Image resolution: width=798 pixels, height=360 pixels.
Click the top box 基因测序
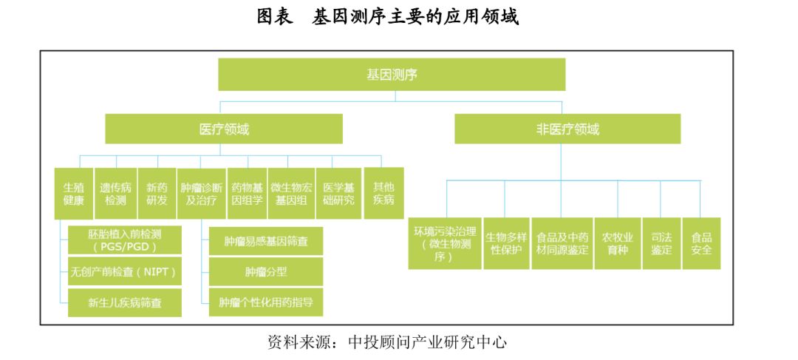(392, 75)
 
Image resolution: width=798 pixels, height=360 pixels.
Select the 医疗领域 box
(224, 129)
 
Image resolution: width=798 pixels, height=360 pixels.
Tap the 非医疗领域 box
(567, 129)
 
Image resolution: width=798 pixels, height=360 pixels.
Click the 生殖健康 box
(73, 194)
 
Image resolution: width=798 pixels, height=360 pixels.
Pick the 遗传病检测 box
(115, 194)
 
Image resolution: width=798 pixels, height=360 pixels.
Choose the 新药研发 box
(157, 194)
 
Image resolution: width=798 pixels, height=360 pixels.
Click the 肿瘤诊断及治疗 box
(202, 194)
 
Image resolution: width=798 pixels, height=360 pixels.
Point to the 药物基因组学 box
(247, 194)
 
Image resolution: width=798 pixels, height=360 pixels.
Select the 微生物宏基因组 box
(290, 194)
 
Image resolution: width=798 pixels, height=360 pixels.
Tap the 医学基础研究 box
(338, 194)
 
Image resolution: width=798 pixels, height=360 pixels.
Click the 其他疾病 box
(383, 194)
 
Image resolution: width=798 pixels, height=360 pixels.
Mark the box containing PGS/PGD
(124, 240)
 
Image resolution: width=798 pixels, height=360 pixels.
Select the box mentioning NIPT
(124, 271)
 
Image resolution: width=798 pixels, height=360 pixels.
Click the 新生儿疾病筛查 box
(124, 302)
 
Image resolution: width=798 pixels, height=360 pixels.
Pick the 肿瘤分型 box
(266, 271)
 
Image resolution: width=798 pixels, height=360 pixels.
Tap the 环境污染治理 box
(444, 243)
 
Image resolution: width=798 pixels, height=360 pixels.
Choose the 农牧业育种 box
(617, 243)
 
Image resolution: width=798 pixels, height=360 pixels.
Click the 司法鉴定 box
(661, 243)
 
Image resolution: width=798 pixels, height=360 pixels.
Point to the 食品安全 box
(701, 243)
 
